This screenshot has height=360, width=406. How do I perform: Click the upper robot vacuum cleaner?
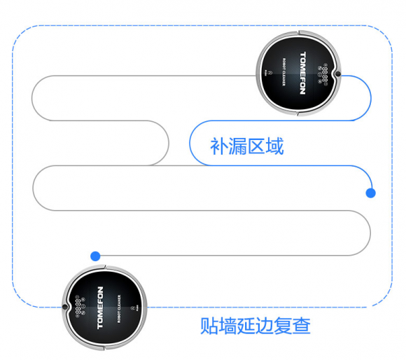[x=298, y=74]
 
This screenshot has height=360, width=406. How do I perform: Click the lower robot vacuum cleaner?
[x=104, y=307]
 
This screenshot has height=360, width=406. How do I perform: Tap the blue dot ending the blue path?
[x=370, y=193]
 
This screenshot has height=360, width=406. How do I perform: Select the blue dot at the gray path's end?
[x=95, y=256]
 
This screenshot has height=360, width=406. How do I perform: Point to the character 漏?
[x=237, y=146]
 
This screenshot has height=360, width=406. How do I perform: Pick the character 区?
[x=256, y=146]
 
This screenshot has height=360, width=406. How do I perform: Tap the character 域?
[x=274, y=146]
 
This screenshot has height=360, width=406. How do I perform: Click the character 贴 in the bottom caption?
[x=209, y=326]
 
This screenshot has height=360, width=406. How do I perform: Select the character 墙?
[x=227, y=326]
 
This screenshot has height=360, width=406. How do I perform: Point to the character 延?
[x=246, y=326]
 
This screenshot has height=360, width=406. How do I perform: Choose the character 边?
[x=265, y=326]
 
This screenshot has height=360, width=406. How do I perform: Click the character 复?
[x=283, y=326]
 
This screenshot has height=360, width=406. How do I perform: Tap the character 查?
[x=302, y=326]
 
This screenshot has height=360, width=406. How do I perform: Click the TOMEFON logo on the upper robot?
[x=302, y=74]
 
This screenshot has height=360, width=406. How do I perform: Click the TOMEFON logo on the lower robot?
[x=100, y=307]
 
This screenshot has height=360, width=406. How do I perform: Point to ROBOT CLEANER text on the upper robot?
[x=283, y=72]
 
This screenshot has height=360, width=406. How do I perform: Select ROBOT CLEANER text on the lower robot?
[x=119, y=309]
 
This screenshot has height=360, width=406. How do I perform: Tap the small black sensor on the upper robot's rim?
[x=338, y=74]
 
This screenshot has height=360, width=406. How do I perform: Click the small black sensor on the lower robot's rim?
[x=65, y=307]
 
